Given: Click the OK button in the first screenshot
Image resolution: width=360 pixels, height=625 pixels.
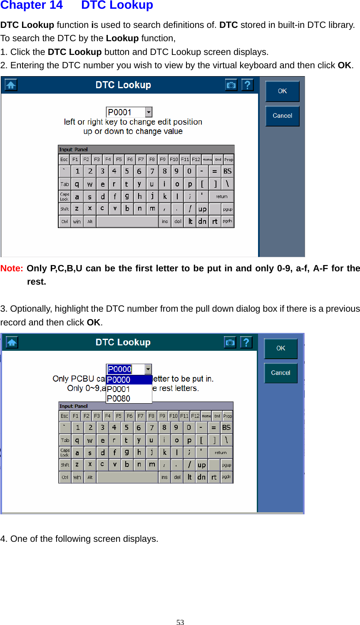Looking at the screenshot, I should click(x=282, y=91).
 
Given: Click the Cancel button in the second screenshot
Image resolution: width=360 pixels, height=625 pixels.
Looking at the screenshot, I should click(x=281, y=373).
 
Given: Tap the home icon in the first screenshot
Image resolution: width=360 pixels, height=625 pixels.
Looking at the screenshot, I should click(x=11, y=85).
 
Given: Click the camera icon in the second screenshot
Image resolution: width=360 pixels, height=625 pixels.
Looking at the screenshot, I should click(x=230, y=342).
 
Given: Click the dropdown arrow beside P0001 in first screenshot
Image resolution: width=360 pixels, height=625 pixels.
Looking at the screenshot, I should click(x=149, y=112).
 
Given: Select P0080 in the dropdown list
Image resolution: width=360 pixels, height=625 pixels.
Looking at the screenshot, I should click(x=119, y=398).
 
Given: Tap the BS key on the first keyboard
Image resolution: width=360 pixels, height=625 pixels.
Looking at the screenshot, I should click(x=227, y=171).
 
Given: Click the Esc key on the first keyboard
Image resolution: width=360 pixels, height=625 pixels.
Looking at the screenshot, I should click(x=64, y=159).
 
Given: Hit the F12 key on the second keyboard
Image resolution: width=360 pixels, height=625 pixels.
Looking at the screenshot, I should click(x=195, y=416).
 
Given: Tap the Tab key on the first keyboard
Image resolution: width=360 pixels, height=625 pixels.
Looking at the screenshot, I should click(x=65, y=184).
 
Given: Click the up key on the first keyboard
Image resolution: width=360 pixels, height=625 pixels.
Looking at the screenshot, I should click(x=202, y=209).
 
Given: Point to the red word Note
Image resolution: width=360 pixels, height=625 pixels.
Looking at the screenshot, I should click(x=12, y=268).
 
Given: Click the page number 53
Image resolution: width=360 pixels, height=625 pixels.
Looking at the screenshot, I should click(x=180, y=622).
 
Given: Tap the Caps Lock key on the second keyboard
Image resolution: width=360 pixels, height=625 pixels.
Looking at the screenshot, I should click(x=65, y=452).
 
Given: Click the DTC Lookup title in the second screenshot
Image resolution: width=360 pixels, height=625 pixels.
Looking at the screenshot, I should click(x=123, y=342).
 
